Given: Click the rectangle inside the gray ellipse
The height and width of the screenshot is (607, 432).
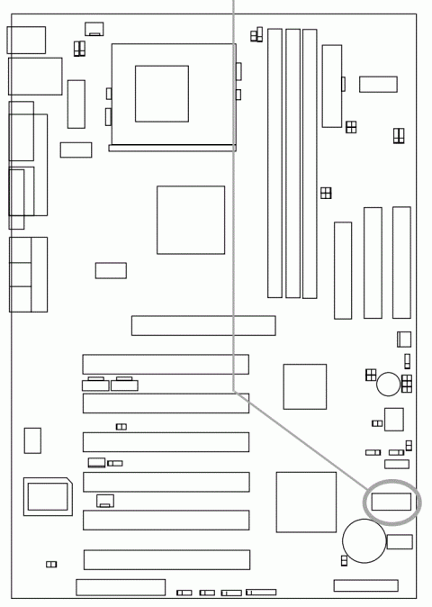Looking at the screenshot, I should coord(390,503).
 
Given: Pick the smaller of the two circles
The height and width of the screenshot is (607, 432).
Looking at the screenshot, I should coord(388,385).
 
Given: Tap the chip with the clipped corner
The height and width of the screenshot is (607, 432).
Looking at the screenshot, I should coord(48,496).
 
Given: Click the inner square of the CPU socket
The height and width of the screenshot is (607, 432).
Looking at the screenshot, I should coord(162,93).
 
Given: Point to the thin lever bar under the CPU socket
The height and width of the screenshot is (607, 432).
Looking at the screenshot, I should coord(172,149).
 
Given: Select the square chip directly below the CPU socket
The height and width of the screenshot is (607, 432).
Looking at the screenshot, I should coord(190,220).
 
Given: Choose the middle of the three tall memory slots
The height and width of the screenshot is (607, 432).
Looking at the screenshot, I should coord(292,163).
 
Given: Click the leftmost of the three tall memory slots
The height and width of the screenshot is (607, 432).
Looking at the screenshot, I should coord(275,163).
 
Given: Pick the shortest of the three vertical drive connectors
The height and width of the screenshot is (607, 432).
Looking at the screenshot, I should coord(342,270).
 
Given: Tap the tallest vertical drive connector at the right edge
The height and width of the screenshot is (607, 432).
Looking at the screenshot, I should coord(400,262).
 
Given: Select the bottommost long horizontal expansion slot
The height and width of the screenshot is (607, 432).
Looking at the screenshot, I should coord(166,559).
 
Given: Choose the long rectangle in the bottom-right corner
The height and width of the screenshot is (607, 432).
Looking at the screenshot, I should coord(365,585).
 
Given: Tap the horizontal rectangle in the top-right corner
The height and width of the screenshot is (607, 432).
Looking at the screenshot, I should coord(378,84).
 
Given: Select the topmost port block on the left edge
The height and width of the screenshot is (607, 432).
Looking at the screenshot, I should coord(25,40).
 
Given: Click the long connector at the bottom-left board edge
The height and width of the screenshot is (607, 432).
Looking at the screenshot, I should coord(120,587).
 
